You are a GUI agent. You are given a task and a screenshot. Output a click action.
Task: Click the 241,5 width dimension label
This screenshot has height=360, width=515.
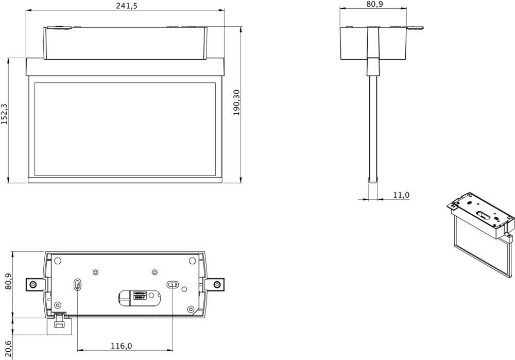click(125, 5)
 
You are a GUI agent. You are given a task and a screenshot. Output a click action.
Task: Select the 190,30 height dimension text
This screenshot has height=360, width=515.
click(236, 102)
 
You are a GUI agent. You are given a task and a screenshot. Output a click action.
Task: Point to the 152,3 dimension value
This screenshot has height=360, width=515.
click(5, 114)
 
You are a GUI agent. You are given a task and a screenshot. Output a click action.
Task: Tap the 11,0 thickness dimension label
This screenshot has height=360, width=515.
click(401, 195)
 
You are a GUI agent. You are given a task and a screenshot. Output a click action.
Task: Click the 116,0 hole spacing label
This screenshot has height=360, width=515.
click(122, 346)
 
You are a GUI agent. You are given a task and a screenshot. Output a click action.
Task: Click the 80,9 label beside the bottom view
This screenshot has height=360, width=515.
click(8, 285)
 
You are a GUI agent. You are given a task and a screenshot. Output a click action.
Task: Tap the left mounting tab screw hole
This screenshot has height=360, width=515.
click(33, 284)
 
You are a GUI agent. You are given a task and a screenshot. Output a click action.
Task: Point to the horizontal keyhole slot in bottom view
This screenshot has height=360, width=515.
click(173, 285)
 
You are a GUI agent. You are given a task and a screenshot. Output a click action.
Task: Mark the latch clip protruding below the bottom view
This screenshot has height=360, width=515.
click(59, 323)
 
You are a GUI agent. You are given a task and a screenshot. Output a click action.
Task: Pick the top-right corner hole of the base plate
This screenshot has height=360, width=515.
click(192, 261)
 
